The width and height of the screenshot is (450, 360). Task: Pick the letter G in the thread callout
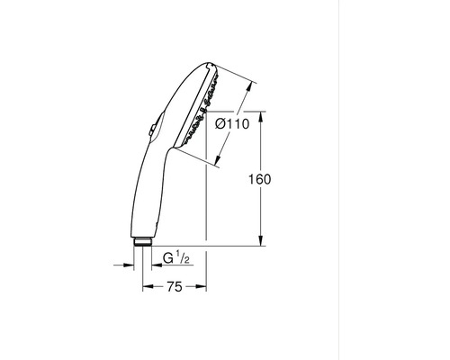(x=166, y=259)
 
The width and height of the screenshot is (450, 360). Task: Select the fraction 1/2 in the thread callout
(x=182, y=259)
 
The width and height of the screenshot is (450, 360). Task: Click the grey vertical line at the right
(x=333, y=180)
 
